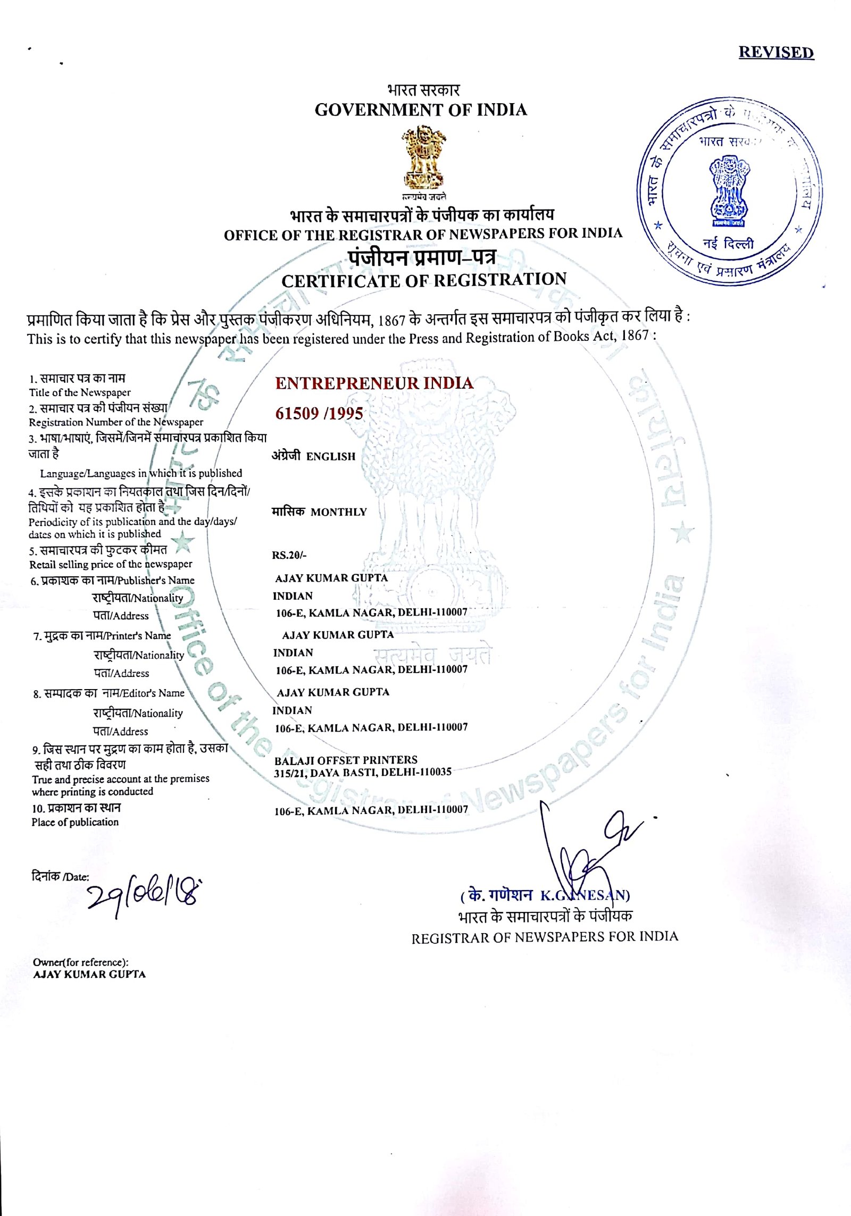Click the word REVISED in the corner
776,53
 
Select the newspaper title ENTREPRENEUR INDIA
374,383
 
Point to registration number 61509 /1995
319,414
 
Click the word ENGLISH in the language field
330,457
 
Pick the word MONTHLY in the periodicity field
339,512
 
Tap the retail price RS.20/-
289,556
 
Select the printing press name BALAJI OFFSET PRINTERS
346,760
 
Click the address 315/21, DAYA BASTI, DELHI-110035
363,772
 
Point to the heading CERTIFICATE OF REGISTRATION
424,280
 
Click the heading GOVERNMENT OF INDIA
421,110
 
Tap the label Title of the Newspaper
80,392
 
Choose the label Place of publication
75,822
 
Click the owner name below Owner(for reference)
89,975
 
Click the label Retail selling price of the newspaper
111,564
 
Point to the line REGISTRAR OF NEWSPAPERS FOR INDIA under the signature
545,937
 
